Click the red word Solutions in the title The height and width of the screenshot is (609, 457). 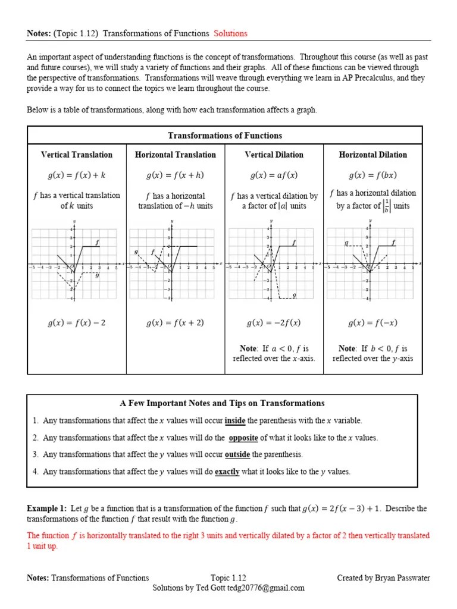[230, 33]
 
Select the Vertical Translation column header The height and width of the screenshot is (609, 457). [77, 155]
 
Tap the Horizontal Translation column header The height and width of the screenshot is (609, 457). [176, 155]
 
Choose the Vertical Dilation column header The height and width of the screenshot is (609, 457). [274, 155]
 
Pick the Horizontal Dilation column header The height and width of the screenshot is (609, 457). [373, 155]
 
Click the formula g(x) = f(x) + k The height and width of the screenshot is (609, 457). [77, 175]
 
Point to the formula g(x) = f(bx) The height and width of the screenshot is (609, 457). [373, 175]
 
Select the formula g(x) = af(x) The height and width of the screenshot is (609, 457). [274, 175]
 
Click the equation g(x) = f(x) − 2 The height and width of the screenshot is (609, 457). [77, 323]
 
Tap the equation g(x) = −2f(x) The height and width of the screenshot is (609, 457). [274, 323]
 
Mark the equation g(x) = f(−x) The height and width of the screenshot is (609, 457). [373, 323]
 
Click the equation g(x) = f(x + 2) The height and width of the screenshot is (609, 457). [176, 323]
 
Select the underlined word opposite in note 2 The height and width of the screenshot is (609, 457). [243, 438]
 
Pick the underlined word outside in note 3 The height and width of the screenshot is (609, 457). [237, 454]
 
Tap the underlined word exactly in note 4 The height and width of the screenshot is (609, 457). [227, 472]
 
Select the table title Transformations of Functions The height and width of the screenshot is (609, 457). [225, 136]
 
